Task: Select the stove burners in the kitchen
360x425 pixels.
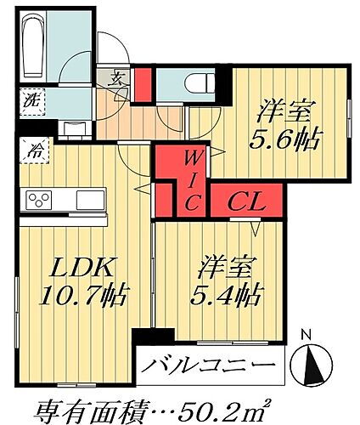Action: [x=40, y=200]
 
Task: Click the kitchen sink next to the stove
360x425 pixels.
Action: [x=89, y=200]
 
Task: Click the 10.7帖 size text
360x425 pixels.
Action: [x=82, y=297]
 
